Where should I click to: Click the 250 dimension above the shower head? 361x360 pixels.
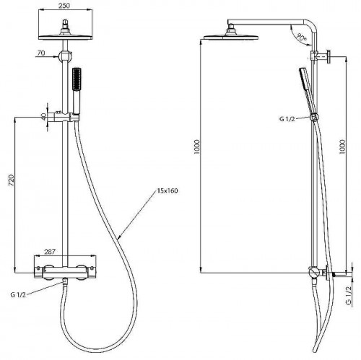click(x=64, y=5)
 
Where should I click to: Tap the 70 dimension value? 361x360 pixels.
click(x=41, y=53)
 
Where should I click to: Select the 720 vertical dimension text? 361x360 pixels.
click(x=12, y=180)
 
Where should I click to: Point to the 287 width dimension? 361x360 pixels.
click(x=50, y=252)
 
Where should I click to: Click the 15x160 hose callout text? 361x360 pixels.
click(x=168, y=191)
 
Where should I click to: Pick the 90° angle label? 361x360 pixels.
click(x=301, y=37)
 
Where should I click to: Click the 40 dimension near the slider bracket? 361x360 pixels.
click(x=43, y=117)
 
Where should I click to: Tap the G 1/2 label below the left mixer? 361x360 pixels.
click(x=18, y=295)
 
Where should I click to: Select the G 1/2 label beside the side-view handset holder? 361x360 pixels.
click(x=287, y=119)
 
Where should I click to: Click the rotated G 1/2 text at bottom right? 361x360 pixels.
click(x=349, y=296)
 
